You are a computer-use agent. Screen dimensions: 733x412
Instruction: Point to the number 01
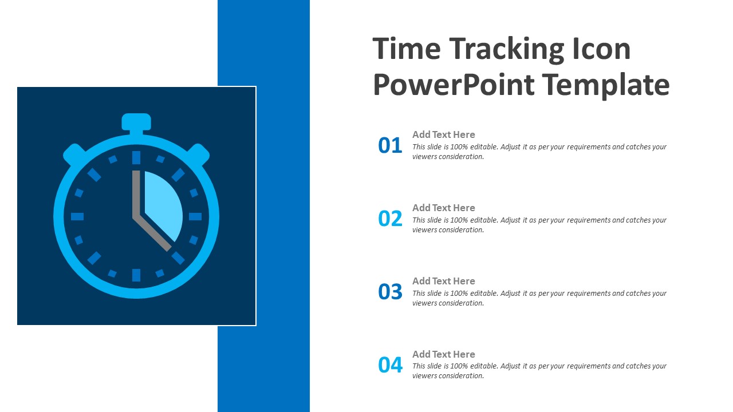[390, 145]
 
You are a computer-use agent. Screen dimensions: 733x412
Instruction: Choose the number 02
[390, 219]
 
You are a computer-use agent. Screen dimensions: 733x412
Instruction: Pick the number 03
[390, 292]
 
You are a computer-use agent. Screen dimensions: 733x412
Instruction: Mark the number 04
[390, 365]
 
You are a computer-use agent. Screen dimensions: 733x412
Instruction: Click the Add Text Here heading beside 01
[443, 134]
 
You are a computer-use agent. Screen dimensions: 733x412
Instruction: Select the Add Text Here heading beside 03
[443, 281]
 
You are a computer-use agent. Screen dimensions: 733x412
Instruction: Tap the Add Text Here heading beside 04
[443, 354]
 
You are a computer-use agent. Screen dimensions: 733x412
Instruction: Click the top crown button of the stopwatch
[136, 122]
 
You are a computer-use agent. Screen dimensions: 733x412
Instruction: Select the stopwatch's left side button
[74, 154]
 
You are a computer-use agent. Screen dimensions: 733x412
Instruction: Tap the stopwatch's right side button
[198, 154]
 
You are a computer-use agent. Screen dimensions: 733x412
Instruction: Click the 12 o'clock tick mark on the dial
[136, 157]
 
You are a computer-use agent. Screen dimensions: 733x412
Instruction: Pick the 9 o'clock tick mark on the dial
[77, 216]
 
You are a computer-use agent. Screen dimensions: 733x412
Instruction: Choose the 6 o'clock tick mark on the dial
[136, 275]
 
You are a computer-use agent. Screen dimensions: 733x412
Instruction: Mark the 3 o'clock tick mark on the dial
[195, 216]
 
